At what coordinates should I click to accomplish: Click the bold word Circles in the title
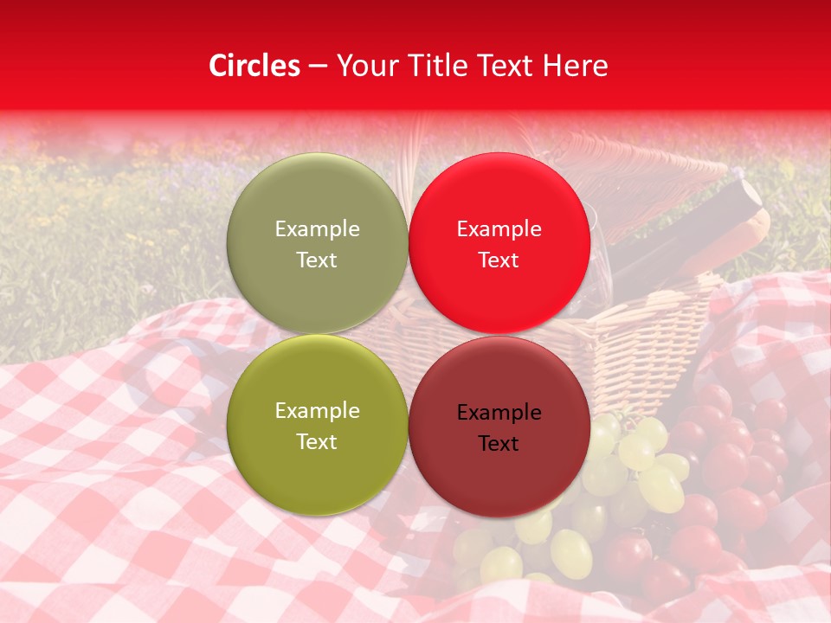click(x=254, y=66)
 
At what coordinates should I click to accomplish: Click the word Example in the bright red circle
click(x=499, y=229)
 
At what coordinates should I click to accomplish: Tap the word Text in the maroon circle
click(x=499, y=444)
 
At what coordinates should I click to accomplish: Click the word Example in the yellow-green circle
click(x=317, y=411)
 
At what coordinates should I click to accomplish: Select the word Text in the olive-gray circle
click(x=317, y=260)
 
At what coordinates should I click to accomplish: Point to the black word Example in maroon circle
click(x=499, y=413)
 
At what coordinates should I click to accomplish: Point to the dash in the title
click(x=318, y=66)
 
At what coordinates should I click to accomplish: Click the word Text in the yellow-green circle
click(x=317, y=441)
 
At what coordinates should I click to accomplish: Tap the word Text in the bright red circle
click(x=499, y=260)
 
